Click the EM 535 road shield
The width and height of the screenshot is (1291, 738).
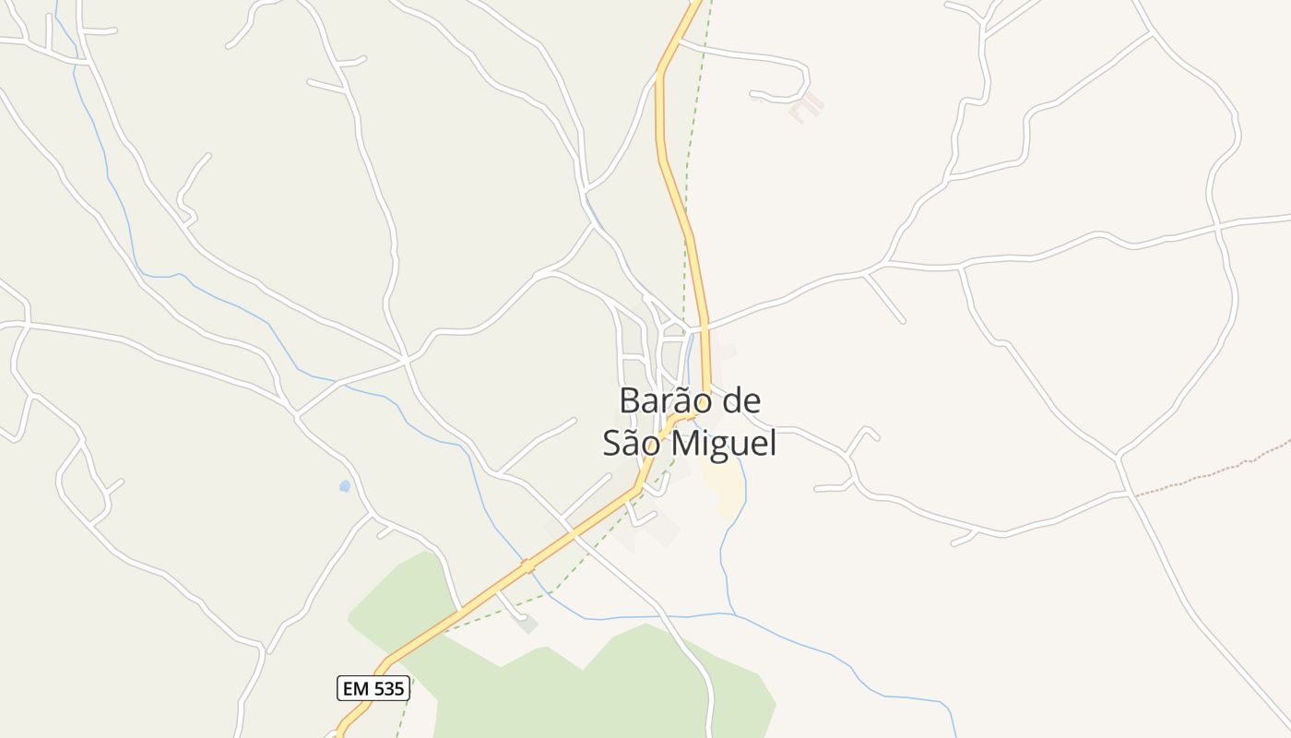tap(373, 687)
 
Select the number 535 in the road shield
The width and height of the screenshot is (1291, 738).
tap(386, 687)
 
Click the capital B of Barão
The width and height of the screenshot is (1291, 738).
tap(630, 401)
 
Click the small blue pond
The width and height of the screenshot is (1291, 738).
tap(345, 486)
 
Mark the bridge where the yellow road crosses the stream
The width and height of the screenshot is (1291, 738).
tap(528, 565)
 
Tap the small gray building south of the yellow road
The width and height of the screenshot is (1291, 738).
tap(527, 625)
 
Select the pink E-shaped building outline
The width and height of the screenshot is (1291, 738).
tap(806, 107)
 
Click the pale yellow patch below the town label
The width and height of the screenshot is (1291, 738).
tap(726, 489)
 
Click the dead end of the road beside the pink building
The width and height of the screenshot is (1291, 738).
tap(752, 93)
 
